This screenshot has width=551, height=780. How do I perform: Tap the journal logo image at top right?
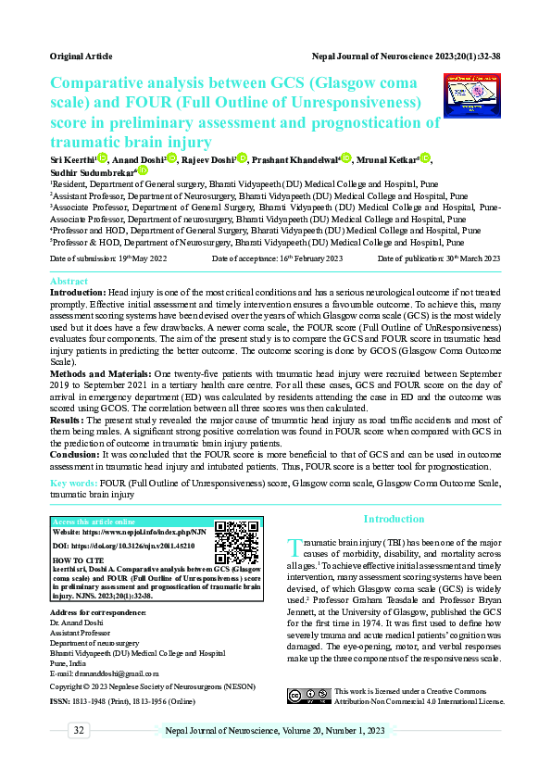click(472, 95)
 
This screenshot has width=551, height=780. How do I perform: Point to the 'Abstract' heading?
click(69, 280)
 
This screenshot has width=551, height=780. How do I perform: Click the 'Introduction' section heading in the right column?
click(394, 519)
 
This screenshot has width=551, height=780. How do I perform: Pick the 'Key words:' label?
click(73, 484)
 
